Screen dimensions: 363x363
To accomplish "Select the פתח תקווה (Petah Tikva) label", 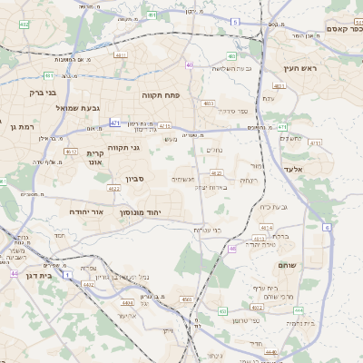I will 161,93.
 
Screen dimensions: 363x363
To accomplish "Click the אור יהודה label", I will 88,211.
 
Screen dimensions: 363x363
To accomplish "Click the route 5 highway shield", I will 235,21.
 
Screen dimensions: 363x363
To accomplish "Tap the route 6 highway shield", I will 327,227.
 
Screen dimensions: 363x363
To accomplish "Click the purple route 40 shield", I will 189,64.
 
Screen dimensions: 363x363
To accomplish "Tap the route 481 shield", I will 48,76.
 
